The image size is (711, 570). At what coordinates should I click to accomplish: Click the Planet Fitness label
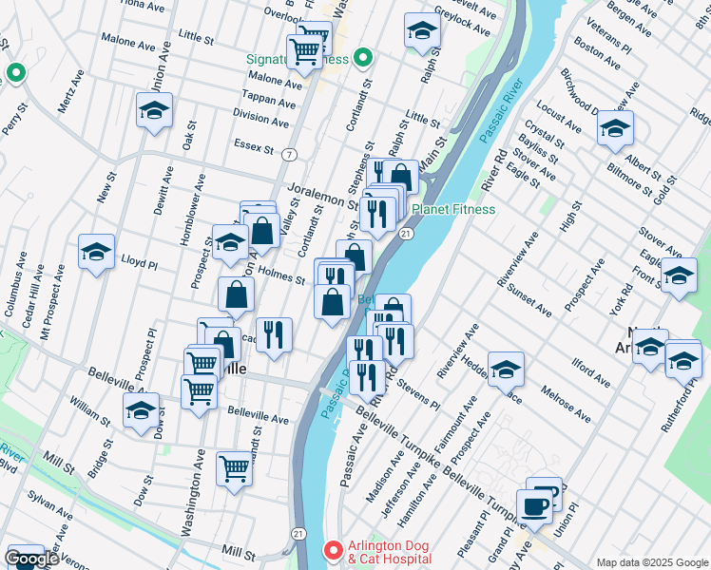coord(452,209)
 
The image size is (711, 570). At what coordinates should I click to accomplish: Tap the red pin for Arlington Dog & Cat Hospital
coord(332,549)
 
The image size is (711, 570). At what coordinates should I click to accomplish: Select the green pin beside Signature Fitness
coord(362,59)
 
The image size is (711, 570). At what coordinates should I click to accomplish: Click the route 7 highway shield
coord(288,153)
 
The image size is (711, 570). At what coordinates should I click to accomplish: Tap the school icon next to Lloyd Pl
coord(96,252)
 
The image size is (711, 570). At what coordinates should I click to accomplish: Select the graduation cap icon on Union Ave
coord(154,111)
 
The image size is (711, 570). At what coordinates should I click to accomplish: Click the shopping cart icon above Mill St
coord(234,467)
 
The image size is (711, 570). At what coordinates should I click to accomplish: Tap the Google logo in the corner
coord(31,559)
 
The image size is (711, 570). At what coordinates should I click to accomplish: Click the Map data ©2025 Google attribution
coord(653,561)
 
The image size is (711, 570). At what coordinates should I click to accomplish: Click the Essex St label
coord(254,146)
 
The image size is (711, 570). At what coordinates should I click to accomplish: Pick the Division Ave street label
coord(260,120)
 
